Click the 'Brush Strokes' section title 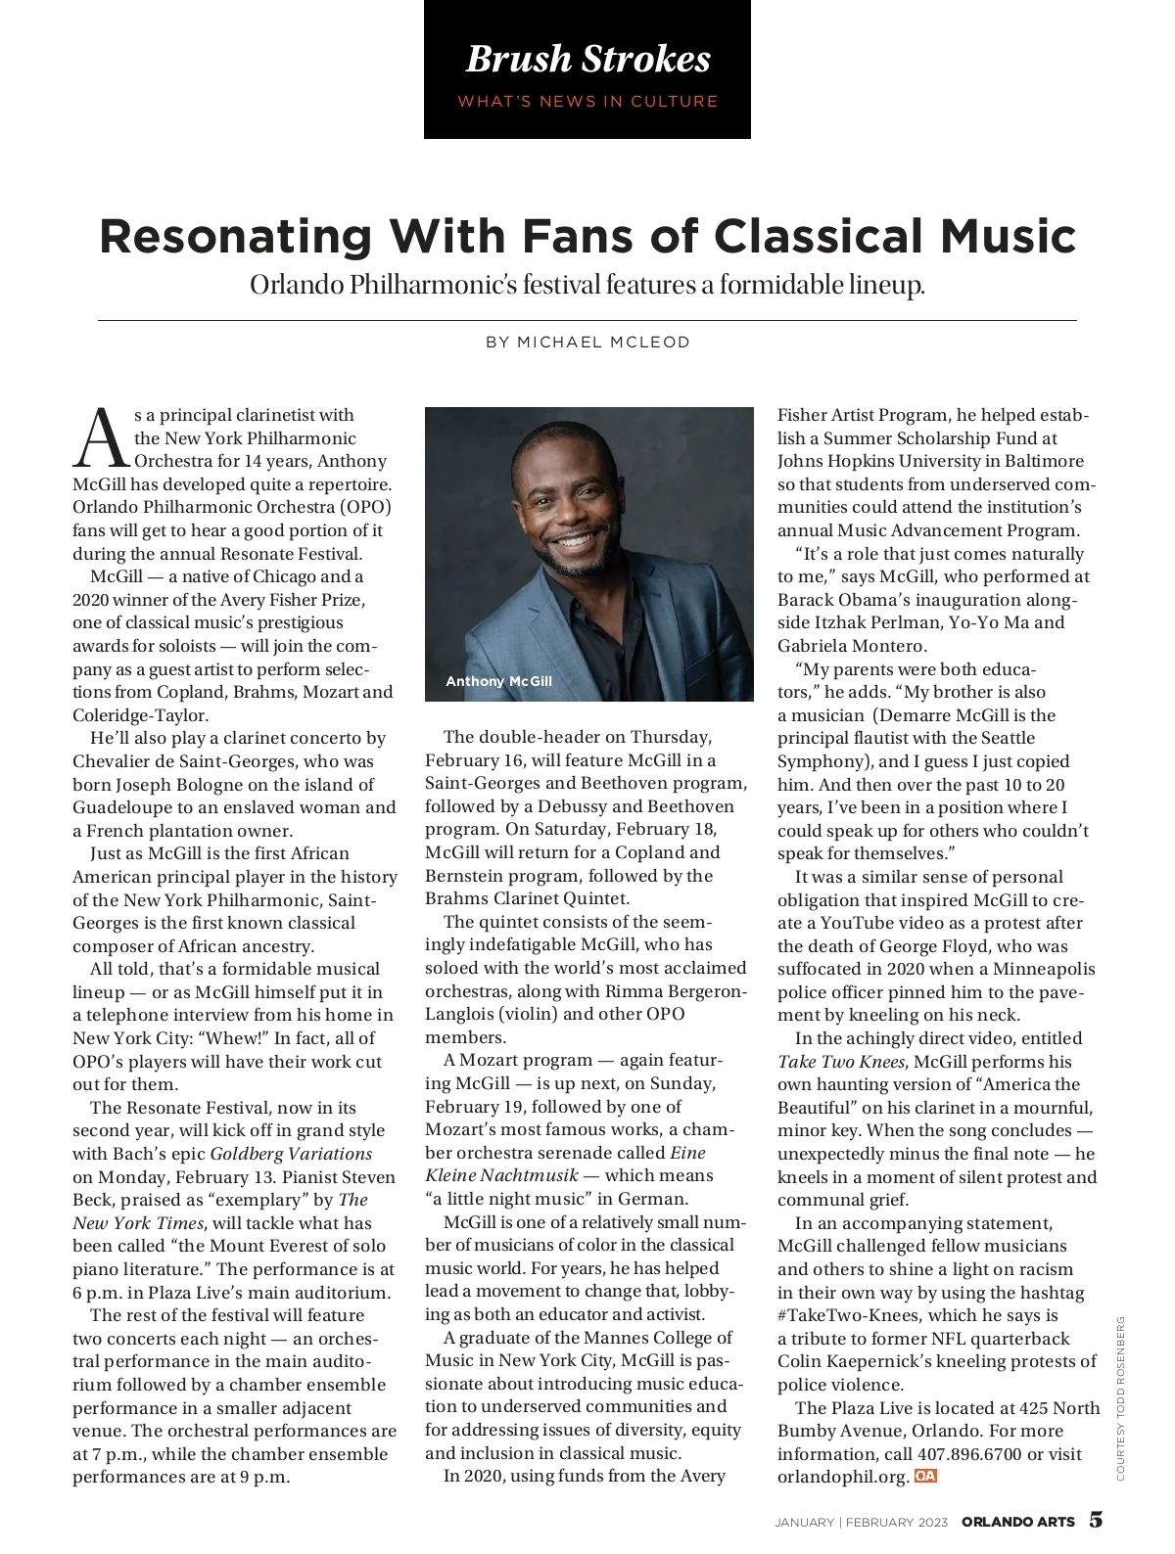tap(587, 59)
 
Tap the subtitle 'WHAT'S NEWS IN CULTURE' tap(587, 101)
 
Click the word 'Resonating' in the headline tap(235, 237)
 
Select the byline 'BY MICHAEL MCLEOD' tap(587, 343)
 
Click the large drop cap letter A tap(101, 438)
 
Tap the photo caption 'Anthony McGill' tap(498, 681)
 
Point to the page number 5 tap(1096, 1520)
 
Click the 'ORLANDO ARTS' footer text tap(1017, 1522)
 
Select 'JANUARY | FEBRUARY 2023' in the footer tap(862, 1523)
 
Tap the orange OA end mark tap(925, 1476)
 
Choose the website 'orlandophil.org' tap(843, 1477)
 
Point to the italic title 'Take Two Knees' tap(842, 1062)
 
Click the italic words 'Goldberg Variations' tap(291, 1154)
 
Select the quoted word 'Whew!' tap(235, 1038)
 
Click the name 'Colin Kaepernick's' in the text tap(851, 1361)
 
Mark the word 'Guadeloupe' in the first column tap(119, 807)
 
